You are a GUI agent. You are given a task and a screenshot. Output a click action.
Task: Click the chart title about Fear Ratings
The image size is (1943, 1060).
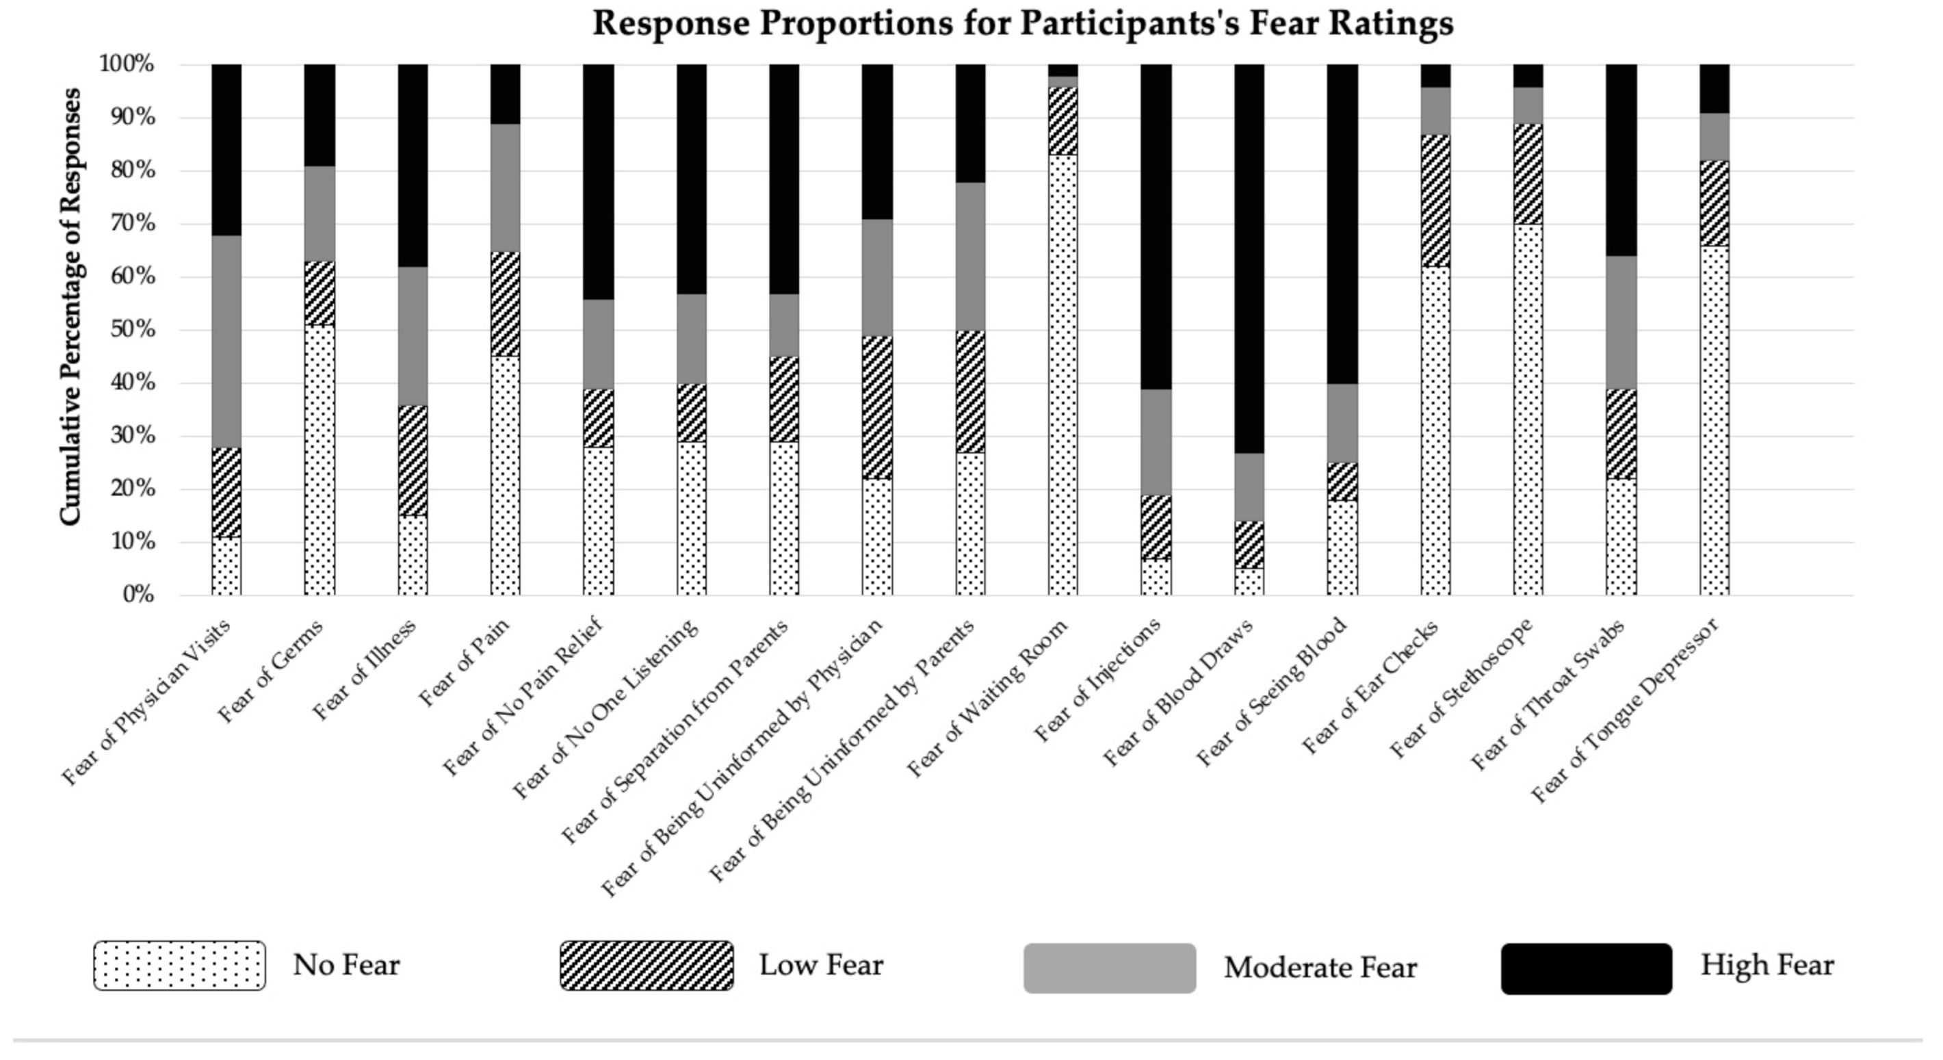pyautogui.click(x=1022, y=23)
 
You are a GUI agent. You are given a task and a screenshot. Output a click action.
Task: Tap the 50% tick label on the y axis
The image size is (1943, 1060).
pyautogui.click(x=127, y=330)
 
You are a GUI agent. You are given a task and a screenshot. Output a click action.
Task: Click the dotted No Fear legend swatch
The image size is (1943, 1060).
pyautogui.click(x=179, y=965)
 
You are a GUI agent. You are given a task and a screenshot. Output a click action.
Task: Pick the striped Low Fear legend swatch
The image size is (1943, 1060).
pyautogui.click(x=647, y=965)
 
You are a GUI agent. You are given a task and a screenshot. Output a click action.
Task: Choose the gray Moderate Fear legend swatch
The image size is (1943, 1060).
pyautogui.click(x=1109, y=967)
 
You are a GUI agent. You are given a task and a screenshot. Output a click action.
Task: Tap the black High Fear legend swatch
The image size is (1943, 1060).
pyautogui.click(x=1585, y=968)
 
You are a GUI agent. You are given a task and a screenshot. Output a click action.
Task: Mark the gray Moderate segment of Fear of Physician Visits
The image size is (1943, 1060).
pyautogui.click(x=226, y=341)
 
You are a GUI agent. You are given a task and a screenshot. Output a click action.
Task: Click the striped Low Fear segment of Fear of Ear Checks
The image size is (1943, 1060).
pyautogui.click(x=1435, y=201)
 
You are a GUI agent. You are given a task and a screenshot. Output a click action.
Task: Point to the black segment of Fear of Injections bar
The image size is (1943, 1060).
pyautogui.click(x=1156, y=227)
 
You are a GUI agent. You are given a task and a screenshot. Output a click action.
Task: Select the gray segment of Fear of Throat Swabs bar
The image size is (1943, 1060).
pyautogui.click(x=1621, y=322)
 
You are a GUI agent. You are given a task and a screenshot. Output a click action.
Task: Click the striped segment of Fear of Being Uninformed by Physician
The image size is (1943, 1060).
pyautogui.click(x=877, y=407)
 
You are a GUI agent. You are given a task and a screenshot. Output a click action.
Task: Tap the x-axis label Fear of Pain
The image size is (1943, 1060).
pyautogui.click(x=465, y=662)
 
